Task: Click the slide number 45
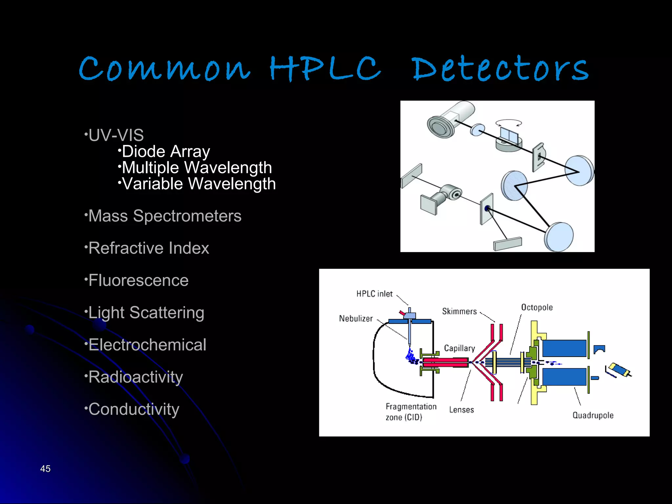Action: (x=45, y=469)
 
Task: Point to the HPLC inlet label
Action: (x=374, y=294)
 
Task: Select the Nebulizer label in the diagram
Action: (x=356, y=319)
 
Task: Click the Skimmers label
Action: (x=459, y=311)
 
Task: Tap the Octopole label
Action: (x=537, y=307)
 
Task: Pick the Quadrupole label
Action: (x=593, y=415)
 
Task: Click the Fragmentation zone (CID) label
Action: (x=411, y=412)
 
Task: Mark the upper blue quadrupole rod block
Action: (x=564, y=348)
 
